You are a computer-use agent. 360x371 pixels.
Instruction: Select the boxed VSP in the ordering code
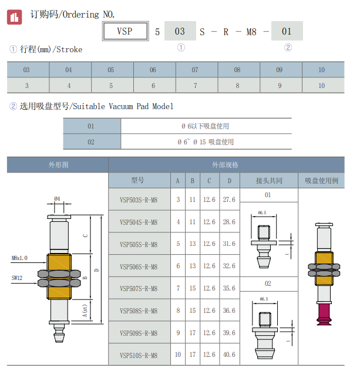[x=125, y=31]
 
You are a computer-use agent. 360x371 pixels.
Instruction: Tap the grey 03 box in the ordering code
[x=180, y=31]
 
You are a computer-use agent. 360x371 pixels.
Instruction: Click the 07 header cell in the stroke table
[x=195, y=70]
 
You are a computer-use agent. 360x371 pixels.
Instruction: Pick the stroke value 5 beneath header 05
[x=111, y=85]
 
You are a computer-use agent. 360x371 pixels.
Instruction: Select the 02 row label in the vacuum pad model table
[x=91, y=141]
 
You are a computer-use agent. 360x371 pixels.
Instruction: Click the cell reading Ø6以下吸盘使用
[x=205, y=126]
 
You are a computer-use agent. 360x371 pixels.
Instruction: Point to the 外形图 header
[x=58, y=165]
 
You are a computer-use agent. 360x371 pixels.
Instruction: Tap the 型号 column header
[x=138, y=180]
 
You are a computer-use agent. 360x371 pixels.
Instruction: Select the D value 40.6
[x=230, y=355]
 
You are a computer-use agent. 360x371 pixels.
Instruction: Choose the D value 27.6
[x=230, y=200]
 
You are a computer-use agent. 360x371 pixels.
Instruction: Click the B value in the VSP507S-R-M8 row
[x=192, y=288]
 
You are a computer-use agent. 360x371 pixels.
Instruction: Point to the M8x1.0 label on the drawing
[x=20, y=258]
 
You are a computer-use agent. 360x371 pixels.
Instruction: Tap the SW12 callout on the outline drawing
[x=16, y=278]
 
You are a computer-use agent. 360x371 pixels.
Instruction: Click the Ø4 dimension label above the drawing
[x=57, y=198]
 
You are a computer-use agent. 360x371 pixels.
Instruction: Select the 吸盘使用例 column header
[x=321, y=180]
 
